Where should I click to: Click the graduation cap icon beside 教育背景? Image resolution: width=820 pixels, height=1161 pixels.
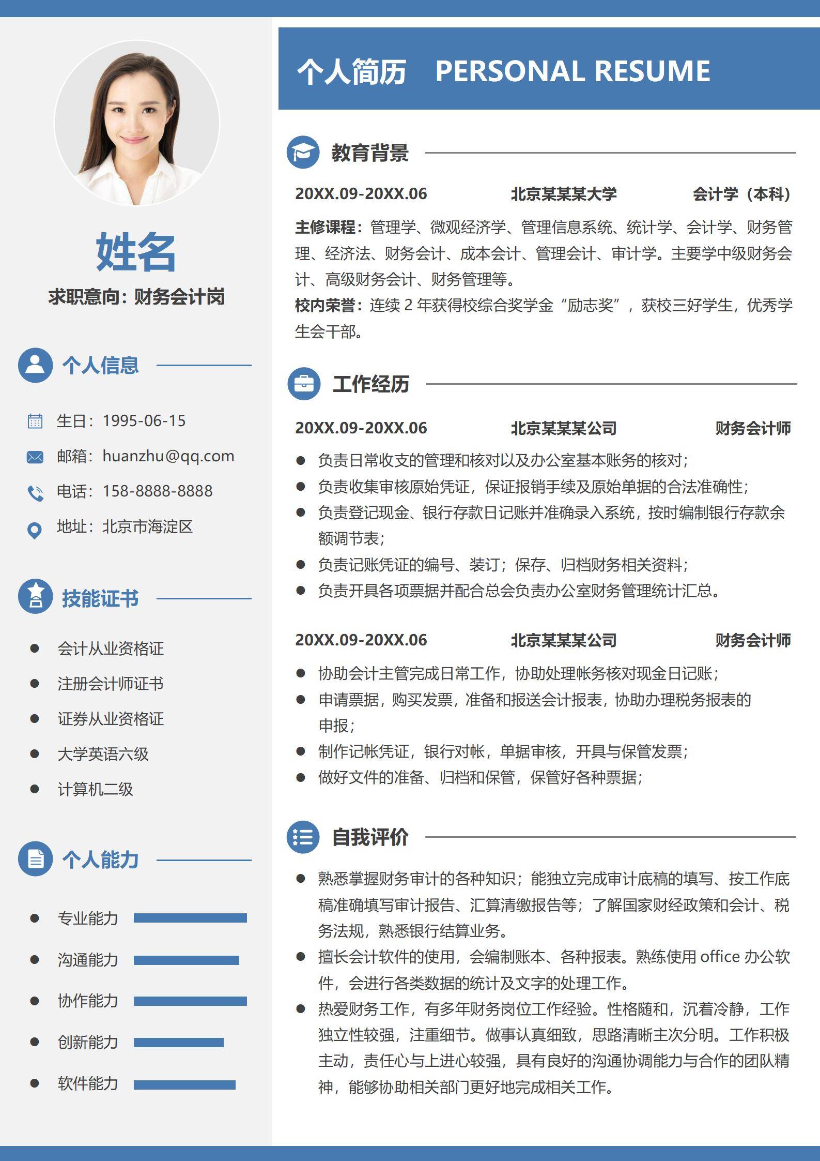pos(303,153)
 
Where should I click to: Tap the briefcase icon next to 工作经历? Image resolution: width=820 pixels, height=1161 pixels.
pos(304,384)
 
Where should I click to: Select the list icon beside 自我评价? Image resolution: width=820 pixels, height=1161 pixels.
pos(303,837)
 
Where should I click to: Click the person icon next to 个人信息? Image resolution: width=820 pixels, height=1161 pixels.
pos(35,365)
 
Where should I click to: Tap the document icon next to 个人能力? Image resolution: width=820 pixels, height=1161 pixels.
pos(35,859)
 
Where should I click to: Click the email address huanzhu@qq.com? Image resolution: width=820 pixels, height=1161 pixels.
pos(168,456)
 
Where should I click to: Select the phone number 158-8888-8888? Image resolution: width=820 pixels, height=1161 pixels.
pos(157,491)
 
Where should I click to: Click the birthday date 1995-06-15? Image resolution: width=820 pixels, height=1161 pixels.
pos(144,421)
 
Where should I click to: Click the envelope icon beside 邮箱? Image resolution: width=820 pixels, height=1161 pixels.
pos(35,457)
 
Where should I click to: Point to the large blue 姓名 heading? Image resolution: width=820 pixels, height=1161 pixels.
pos(136,252)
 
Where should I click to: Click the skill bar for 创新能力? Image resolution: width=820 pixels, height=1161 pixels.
pos(178,1043)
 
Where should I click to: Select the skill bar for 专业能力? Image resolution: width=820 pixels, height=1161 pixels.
pos(190,918)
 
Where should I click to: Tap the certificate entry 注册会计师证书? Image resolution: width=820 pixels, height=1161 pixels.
pos(111,684)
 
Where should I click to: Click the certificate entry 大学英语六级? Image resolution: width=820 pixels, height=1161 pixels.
pos(103,754)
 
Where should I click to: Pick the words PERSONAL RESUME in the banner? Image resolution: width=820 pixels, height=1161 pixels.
pos(573,71)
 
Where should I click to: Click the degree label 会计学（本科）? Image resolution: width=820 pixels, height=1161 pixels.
pos(742,194)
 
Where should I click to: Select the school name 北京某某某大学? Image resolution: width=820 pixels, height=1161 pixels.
pos(563,194)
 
